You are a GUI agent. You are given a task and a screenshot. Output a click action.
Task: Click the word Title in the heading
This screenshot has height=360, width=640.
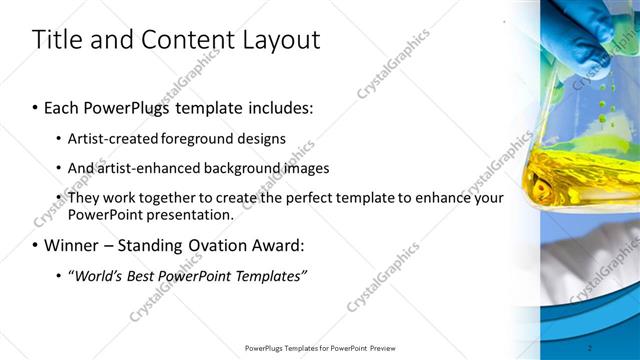56,40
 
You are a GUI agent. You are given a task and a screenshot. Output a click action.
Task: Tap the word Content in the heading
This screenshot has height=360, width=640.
179,40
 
